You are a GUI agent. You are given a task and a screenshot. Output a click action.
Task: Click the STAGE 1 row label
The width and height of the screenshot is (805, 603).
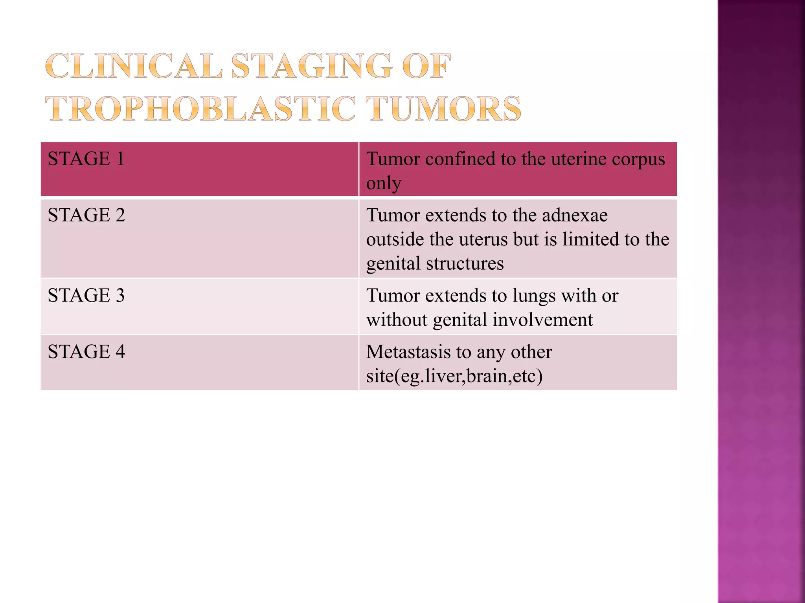coord(86,159)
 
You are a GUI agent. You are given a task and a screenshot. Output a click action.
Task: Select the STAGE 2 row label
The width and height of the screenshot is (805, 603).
coord(86,215)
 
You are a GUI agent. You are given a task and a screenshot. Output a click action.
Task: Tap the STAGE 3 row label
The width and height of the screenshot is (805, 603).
coord(86,296)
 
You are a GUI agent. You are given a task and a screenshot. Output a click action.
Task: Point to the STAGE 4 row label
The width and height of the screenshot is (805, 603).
coord(86,352)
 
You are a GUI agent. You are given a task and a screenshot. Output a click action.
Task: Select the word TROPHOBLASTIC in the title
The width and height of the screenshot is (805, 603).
coord(200,109)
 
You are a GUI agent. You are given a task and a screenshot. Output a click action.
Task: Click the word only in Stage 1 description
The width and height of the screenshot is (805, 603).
coord(384,184)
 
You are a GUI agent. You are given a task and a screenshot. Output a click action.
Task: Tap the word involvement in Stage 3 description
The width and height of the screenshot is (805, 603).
coord(542,320)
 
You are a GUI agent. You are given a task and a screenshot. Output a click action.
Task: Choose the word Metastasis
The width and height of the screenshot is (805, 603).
coord(408,352)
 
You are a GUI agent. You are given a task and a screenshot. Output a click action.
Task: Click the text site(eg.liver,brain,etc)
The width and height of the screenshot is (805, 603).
coord(454,376)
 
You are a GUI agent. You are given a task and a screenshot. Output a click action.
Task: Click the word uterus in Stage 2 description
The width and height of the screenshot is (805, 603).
coord(483,239)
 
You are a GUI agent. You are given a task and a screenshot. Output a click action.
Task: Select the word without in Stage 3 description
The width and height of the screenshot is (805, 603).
coord(397,320)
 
